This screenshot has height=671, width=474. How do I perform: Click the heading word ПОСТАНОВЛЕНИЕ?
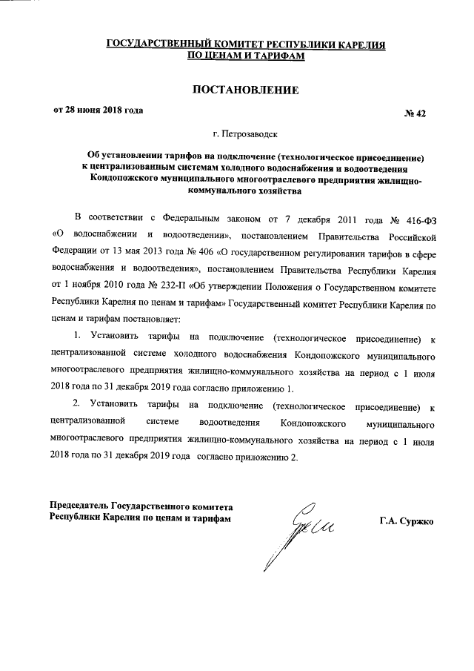(245, 90)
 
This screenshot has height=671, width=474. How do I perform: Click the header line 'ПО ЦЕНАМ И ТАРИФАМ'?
(245, 55)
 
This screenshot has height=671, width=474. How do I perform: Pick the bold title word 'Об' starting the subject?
(94, 156)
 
